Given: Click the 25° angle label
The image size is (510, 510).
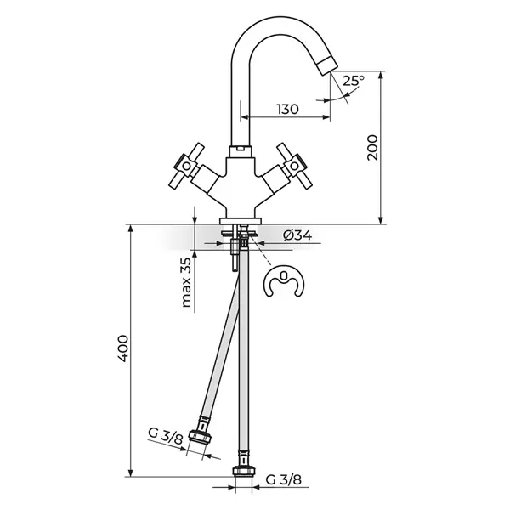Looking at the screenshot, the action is coord(354,81).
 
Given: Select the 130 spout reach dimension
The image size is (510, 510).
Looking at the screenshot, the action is coord(287,110).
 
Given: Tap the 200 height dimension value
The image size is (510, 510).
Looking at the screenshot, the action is coord(373,147).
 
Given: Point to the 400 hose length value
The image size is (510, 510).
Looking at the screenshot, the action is coord(123,348).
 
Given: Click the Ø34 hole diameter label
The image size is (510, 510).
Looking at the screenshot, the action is coord(297,235).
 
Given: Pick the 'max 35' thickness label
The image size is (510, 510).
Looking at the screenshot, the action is coord(186,282).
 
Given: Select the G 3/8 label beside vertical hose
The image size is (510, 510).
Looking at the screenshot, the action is coord(284,479).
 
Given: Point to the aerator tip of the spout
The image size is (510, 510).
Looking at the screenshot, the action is coord(327,65).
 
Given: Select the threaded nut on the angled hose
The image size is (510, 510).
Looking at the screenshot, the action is coord(201,436).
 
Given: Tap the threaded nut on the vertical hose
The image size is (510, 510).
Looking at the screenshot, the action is coord(244,471).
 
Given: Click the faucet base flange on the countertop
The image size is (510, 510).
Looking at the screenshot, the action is coord(241,221).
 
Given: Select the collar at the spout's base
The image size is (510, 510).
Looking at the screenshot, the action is coord(241,151).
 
